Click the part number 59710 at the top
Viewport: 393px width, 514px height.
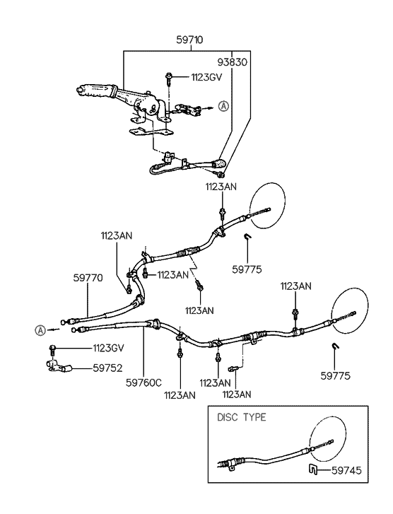click(189, 40)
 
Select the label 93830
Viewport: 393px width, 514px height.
click(233, 62)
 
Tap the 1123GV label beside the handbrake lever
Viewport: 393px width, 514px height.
click(207, 77)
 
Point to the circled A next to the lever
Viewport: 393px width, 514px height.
click(223, 106)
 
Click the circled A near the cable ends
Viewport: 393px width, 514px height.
click(40, 330)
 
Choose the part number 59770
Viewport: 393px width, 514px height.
click(88, 278)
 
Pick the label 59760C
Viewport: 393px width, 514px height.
click(144, 382)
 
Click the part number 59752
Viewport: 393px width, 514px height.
click(107, 368)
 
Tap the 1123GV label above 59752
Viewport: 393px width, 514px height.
click(108, 348)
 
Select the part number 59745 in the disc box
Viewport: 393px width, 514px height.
click(346, 471)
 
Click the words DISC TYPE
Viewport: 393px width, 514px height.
click(242, 417)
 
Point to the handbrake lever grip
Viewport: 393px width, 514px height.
click(95, 91)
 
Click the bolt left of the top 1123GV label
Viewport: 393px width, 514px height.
click(168, 78)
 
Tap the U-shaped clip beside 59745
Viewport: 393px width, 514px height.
click(312, 470)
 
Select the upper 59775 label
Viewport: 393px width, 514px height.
click(247, 269)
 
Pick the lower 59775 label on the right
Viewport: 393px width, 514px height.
click(335, 375)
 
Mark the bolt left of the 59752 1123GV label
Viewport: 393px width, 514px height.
click(52, 350)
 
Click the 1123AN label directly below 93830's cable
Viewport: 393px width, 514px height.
click(221, 187)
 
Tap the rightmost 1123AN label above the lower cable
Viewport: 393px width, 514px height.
click(295, 286)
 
